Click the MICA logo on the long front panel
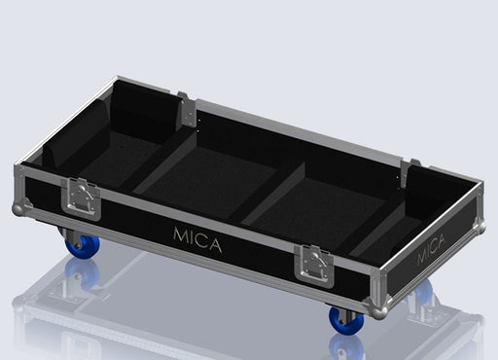(x=196, y=237)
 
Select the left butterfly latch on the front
(x=81, y=198)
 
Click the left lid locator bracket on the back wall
(x=184, y=109)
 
